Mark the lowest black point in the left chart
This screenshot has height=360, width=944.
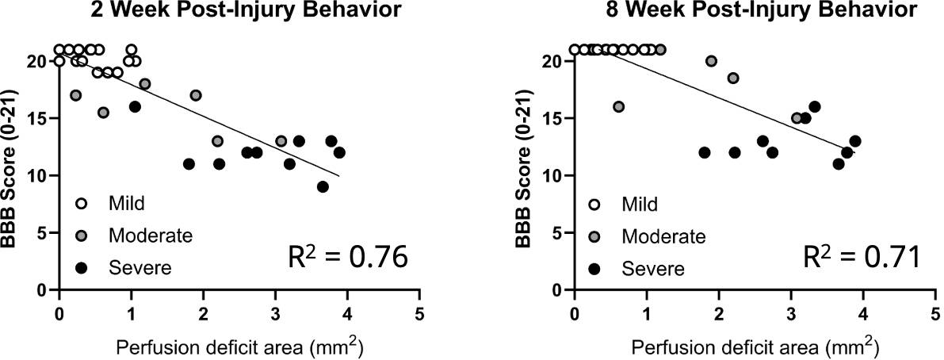[x=323, y=187]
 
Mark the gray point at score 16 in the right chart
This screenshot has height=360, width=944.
[x=619, y=107]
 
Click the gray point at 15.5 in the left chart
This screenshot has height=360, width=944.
[x=103, y=113]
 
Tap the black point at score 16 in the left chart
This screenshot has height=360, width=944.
[x=135, y=107]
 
